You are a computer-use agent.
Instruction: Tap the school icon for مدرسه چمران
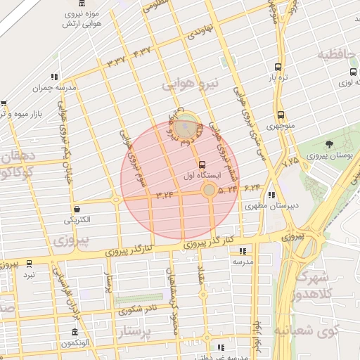click(54, 77)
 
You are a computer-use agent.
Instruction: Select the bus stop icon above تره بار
click(278, 68)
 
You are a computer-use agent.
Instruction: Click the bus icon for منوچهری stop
click(281, 115)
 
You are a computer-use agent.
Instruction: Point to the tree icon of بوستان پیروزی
click(330, 144)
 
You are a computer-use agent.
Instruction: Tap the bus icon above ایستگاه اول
click(203, 164)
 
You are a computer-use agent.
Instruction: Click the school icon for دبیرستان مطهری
click(272, 196)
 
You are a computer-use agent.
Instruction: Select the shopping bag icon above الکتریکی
click(76, 209)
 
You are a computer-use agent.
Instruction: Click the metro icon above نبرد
click(29, 264)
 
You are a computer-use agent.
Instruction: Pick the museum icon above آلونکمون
click(75, 332)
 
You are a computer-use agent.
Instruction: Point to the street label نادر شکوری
click(139, 309)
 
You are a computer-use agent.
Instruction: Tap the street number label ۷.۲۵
click(290, 161)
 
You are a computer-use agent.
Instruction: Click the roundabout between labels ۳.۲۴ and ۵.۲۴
click(210, 190)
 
